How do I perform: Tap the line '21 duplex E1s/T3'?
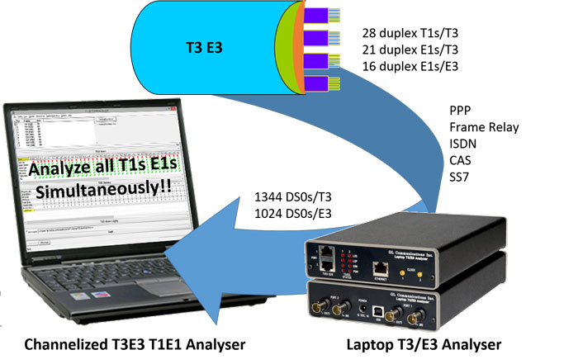[410, 50]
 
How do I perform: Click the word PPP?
[461, 111]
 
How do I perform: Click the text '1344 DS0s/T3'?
[296, 200]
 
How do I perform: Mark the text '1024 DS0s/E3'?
[295, 215]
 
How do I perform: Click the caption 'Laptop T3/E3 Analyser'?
[423, 345]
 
